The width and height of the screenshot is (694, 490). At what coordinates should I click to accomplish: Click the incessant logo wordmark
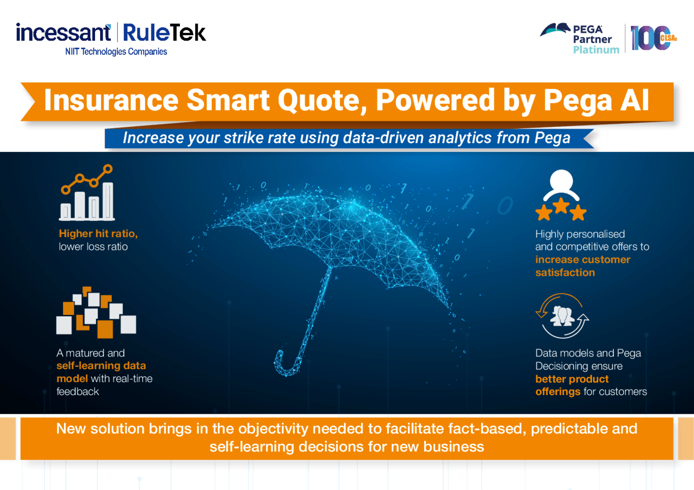[63, 32]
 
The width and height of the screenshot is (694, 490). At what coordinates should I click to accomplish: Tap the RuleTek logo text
[165, 32]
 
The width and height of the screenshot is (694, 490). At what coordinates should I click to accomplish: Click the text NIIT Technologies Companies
[116, 51]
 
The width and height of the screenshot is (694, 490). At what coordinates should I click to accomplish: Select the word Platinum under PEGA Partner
[596, 50]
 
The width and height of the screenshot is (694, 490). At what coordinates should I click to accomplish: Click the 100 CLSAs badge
[654, 38]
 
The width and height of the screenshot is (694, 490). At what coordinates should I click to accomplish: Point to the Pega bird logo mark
[555, 29]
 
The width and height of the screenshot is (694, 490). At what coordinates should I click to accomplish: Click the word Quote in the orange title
[322, 101]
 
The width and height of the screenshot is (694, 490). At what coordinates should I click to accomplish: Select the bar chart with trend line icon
[87, 192]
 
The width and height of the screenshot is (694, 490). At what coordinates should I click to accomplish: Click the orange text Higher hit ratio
[98, 234]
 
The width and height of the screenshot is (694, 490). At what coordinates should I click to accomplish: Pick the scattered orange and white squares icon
[96, 312]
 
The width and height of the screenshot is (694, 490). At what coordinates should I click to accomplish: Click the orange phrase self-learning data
[101, 366]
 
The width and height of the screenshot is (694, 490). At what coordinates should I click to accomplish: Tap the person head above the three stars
[561, 181]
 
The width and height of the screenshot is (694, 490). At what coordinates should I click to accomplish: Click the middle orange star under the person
[561, 206]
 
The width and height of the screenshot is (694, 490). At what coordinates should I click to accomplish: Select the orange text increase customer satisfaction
[583, 266]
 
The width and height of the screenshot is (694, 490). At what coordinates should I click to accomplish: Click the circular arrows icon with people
[562, 316]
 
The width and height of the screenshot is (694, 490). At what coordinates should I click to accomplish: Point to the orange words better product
[572, 379]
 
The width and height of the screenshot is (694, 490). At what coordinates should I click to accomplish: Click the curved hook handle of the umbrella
[287, 365]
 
